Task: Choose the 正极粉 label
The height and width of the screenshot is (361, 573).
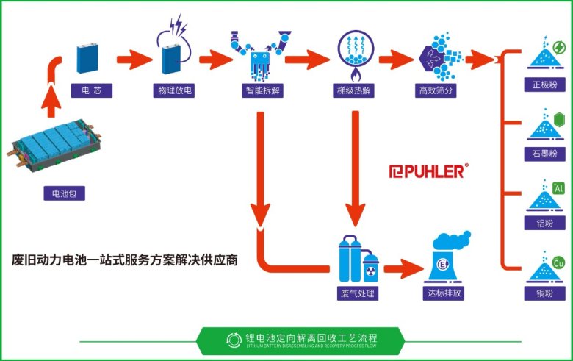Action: (544, 84)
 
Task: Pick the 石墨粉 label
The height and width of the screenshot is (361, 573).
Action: (544, 154)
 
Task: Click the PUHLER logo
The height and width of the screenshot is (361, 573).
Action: (427, 171)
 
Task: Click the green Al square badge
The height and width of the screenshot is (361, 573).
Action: (559, 189)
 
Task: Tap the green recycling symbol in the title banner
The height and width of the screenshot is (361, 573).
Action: (233, 339)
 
